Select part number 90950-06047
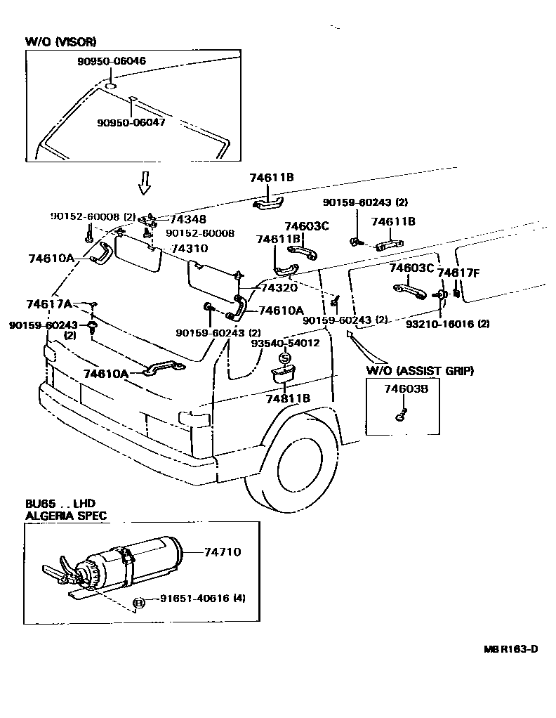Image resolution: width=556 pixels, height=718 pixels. click(131, 122)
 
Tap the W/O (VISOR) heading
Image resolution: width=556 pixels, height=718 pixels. click(61, 42)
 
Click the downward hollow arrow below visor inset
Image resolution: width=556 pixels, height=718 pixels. click(144, 183)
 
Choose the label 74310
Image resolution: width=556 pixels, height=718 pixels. click(190, 249)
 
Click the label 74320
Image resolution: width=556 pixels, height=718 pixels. click(278, 287)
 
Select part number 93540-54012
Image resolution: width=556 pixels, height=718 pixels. click(286, 344)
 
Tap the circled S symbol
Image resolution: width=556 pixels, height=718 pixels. click(285, 358)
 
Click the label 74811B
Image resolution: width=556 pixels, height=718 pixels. click(287, 398)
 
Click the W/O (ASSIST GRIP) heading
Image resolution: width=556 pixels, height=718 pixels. click(419, 370)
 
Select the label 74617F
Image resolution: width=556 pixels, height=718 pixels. click(458, 273)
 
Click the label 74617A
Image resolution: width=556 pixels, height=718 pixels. click(49, 303)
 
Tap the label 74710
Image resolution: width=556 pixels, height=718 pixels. click(222, 552)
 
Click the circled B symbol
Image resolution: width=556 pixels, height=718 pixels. click(138, 603)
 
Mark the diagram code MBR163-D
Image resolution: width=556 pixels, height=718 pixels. click(510, 648)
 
